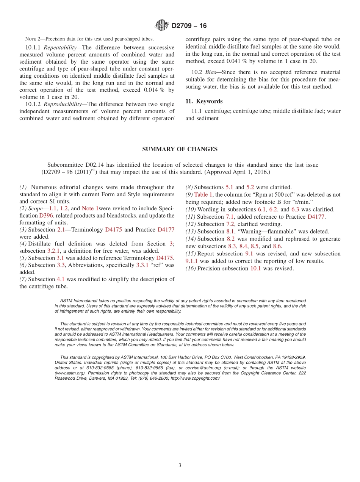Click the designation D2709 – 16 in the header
pos(189,26)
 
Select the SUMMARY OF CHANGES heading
pos(180,149)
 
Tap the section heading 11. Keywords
pos(204,102)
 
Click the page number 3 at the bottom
pos(180,465)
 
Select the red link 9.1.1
pos(193,261)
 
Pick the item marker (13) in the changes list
pos(191,232)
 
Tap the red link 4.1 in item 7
pos(61,279)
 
